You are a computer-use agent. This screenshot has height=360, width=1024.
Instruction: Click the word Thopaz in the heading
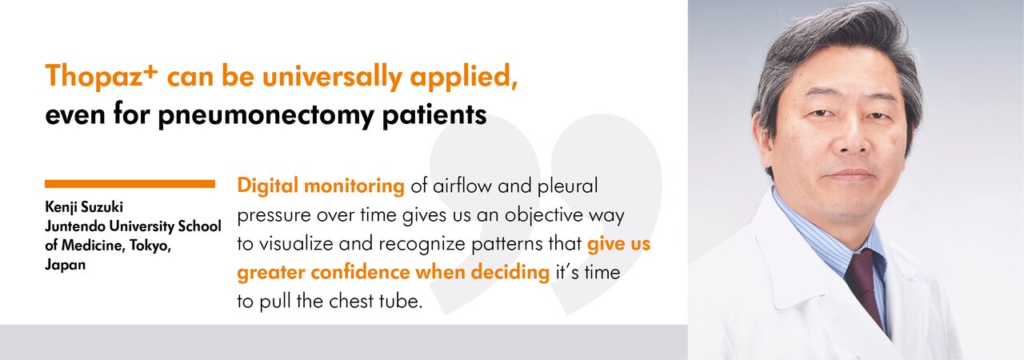click(x=94, y=76)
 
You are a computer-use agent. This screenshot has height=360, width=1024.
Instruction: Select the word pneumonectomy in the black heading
click(x=266, y=114)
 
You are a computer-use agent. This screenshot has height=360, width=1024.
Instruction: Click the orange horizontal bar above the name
click(x=130, y=184)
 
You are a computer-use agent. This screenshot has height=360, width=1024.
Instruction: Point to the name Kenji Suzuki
click(x=84, y=207)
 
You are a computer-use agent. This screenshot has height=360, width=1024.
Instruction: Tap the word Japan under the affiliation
click(x=65, y=265)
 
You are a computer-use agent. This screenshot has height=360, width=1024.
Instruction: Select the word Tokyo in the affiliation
click(x=150, y=246)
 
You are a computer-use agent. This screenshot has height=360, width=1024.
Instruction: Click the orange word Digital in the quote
click(x=267, y=186)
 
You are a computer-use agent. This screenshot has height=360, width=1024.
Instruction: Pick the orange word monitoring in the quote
click(x=354, y=186)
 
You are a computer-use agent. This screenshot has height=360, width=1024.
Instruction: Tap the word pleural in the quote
click(x=567, y=186)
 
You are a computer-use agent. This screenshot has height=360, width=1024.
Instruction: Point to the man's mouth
click(x=850, y=174)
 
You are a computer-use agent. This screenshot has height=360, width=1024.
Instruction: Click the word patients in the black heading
click(x=434, y=114)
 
